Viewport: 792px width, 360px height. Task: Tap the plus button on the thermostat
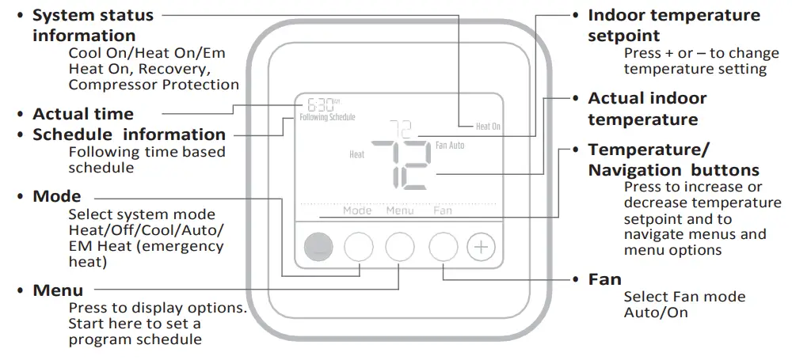click(x=480, y=248)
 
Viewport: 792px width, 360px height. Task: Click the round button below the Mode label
click(x=358, y=248)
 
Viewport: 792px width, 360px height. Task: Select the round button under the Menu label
click(x=400, y=248)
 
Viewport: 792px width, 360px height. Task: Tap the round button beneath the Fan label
click(x=443, y=248)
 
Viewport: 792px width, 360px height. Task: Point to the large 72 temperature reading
click(x=402, y=165)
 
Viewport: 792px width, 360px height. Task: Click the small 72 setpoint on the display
click(x=404, y=127)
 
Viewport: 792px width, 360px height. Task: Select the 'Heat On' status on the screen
click(x=488, y=126)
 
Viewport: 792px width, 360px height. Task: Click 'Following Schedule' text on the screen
click(x=327, y=117)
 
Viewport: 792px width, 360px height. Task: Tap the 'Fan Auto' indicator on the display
click(x=450, y=146)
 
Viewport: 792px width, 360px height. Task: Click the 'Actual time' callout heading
click(x=83, y=114)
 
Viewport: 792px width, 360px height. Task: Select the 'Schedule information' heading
click(x=129, y=135)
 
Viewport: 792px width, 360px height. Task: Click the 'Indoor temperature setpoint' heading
click(x=673, y=25)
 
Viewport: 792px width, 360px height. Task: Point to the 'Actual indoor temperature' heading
click(x=647, y=109)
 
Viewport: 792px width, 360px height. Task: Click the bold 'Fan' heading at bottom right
click(x=604, y=279)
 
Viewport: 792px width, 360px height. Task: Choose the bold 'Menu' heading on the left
click(x=58, y=290)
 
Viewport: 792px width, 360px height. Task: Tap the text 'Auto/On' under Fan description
click(x=656, y=313)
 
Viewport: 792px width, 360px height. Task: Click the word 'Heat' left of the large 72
click(x=357, y=154)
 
